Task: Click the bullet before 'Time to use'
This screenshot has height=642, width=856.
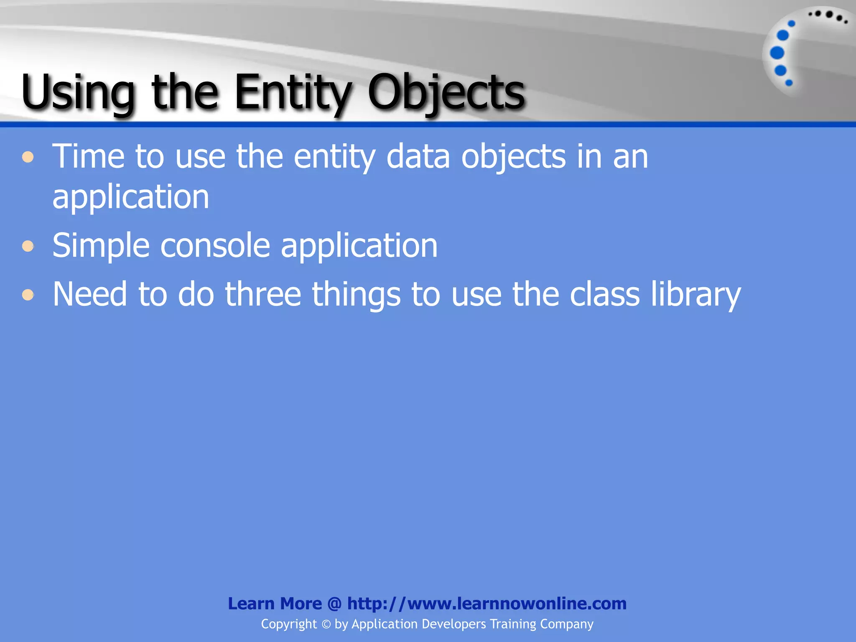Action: (x=28, y=157)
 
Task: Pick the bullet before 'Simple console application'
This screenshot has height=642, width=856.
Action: (x=28, y=246)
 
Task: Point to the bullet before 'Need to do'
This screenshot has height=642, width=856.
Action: (x=28, y=295)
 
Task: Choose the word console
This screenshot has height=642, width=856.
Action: (x=215, y=246)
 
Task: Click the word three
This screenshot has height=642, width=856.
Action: (x=263, y=294)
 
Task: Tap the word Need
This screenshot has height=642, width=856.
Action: (x=89, y=294)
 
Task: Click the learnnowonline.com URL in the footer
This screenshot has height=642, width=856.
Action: (x=487, y=604)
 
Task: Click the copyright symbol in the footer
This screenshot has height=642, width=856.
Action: (x=326, y=624)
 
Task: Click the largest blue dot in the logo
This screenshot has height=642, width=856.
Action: (x=777, y=53)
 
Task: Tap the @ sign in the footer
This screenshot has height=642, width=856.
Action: (x=334, y=604)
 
